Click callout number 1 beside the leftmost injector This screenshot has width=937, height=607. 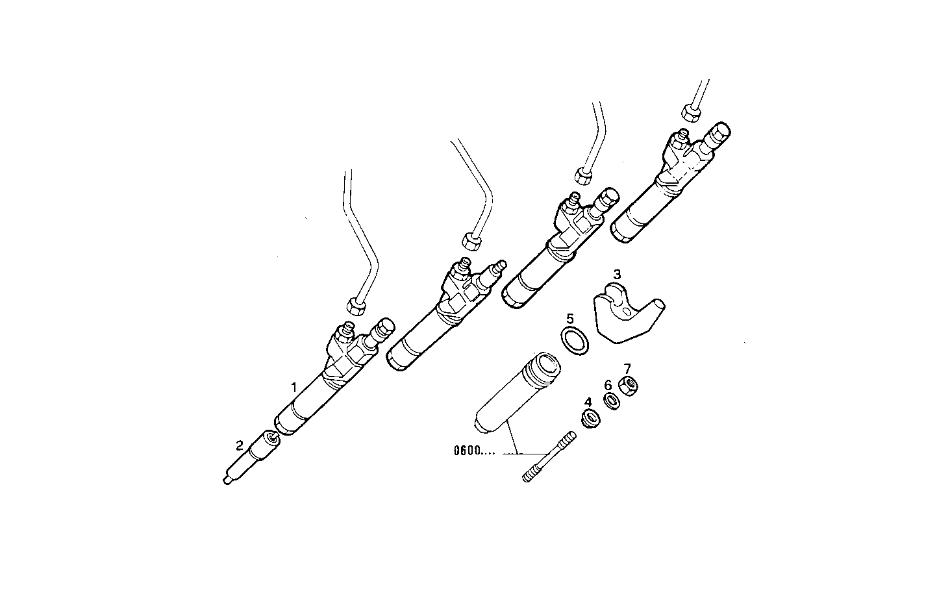coord(294,388)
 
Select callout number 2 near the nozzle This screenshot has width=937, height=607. coord(240,445)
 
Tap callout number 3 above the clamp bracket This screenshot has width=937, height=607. coord(617,275)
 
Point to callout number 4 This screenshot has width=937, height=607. coord(588,403)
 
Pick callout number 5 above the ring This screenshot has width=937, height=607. coord(570,319)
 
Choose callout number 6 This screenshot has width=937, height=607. coord(608,385)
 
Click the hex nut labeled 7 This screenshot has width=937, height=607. coord(628,386)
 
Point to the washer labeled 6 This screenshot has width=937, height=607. coord(610,401)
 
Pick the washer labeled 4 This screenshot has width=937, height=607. coord(590,419)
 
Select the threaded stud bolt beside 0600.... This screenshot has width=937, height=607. coord(548,457)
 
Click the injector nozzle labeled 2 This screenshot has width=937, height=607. coord(251,459)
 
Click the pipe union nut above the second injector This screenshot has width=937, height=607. coord(471,242)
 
